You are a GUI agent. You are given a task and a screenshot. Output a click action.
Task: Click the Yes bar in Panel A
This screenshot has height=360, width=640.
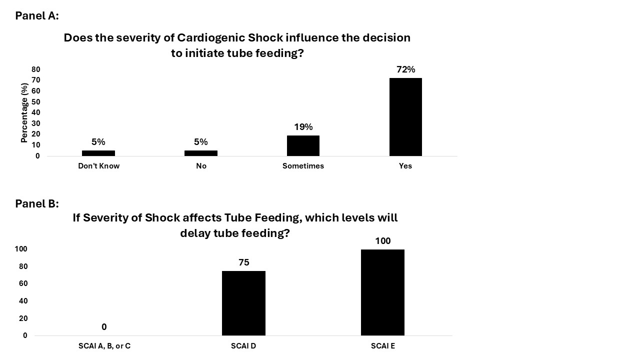pyautogui.click(x=405, y=117)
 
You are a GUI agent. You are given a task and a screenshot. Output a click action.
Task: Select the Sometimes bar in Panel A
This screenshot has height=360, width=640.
pyautogui.click(x=303, y=145)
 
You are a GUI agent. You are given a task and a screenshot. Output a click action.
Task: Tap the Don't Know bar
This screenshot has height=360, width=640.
pyautogui.click(x=98, y=153)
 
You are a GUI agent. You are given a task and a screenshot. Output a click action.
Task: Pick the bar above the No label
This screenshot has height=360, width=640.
pyautogui.click(x=201, y=153)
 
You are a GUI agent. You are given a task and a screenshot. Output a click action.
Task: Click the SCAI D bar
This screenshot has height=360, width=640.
pyautogui.click(x=243, y=303)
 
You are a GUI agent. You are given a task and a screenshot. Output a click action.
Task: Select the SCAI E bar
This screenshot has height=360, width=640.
pyautogui.click(x=382, y=292)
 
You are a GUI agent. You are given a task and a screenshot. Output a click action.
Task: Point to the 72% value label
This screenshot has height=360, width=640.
pyautogui.click(x=405, y=69)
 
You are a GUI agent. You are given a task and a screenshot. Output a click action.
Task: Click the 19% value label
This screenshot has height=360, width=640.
pyautogui.click(x=303, y=127)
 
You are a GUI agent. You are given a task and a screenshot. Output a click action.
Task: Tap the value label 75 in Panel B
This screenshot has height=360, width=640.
pyautogui.click(x=244, y=262)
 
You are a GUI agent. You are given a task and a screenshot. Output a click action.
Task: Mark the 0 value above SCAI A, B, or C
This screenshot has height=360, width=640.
pyautogui.click(x=104, y=327)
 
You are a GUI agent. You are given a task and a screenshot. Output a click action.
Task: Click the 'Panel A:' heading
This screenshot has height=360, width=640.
pyautogui.click(x=37, y=15)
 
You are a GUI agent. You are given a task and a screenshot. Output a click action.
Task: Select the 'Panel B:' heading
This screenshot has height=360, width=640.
pyautogui.click(x=37, y=203)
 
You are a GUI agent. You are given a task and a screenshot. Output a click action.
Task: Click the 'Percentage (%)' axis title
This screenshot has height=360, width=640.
pyautogui.click(x=24, y=113)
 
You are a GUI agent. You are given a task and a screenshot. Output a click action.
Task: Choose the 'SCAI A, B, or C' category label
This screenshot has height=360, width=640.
pyautogui.click(x=104, y=345)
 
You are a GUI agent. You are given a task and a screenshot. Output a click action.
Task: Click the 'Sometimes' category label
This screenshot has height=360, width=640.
pyautogui.click(x=303, y=166)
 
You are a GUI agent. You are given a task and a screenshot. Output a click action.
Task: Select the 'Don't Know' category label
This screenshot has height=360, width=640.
pyautogui.click(x=98, y=166)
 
